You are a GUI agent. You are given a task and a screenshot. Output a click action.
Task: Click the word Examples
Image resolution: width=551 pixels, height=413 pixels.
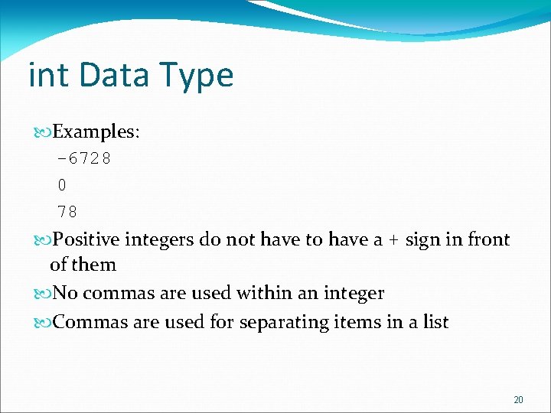96,132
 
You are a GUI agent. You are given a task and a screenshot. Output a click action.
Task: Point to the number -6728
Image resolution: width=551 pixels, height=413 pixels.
84,159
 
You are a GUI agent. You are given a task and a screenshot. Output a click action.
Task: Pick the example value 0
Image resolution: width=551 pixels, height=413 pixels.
62,184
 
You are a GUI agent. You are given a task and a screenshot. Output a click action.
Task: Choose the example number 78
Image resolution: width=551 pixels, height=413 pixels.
67,210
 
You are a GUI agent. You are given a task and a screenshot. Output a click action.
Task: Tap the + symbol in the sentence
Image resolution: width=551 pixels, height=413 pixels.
393,240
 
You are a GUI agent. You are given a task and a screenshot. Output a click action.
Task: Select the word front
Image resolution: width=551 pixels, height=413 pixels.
488,240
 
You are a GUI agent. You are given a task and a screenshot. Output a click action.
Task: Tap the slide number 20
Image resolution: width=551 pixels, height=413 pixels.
518,399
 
